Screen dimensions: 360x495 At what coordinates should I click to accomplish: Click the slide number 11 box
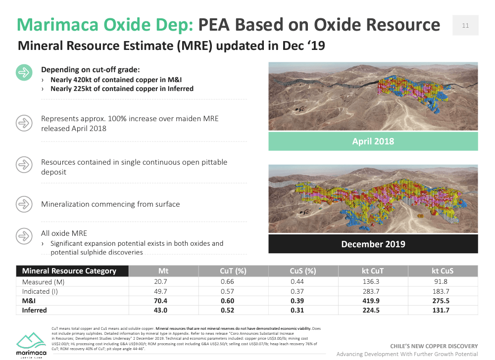465,26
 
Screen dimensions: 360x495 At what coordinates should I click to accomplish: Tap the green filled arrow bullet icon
24,73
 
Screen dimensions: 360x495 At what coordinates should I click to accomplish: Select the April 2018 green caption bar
373,141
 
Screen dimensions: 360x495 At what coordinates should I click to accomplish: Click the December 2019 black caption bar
373,244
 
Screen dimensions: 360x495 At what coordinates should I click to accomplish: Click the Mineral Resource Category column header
69,271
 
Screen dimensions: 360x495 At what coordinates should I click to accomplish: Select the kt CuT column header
373,271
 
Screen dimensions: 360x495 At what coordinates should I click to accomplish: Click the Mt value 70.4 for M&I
163,301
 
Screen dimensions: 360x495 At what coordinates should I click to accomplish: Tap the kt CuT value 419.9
373,301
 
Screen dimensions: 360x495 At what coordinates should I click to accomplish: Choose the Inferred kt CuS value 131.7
443,310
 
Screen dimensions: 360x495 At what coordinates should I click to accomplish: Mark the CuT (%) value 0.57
233,291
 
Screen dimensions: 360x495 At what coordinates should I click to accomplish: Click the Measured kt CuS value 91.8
443,282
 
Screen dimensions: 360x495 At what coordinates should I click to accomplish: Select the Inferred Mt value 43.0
163,310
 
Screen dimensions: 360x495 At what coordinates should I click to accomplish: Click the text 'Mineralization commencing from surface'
110,204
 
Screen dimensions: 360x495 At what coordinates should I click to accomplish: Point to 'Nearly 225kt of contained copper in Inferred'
122,89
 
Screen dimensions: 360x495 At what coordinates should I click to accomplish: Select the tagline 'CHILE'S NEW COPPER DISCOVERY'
434,346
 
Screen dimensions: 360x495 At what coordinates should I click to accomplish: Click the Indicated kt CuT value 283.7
373,291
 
